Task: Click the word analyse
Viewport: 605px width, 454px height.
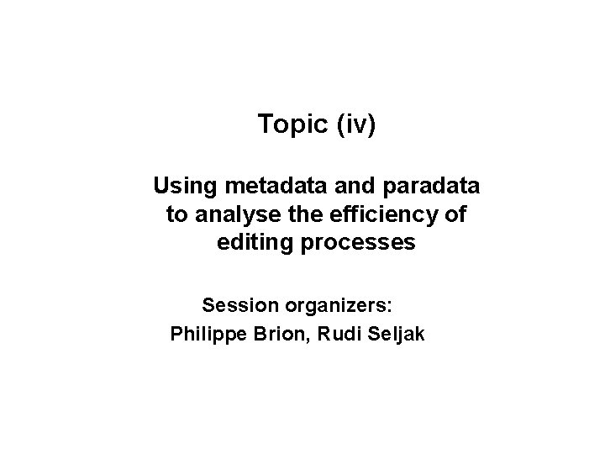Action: pyautogui.click(x=232, y=214)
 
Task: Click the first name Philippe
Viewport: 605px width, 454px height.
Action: pyautogui.click(x=208, y=334)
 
